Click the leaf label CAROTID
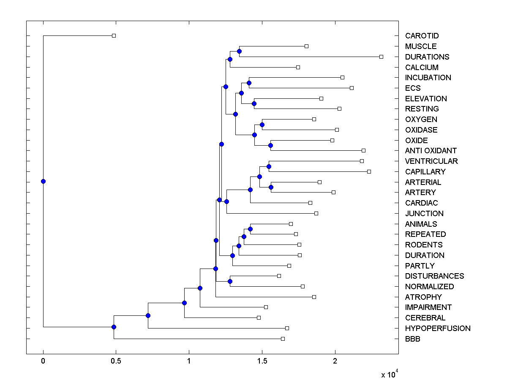coord(422,36)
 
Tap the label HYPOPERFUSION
coord(437,328)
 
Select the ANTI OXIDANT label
coord(431,151)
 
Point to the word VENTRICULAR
coord(431,161)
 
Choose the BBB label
coord(412,339)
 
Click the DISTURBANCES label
coord(434,276)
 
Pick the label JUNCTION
coord(424,214)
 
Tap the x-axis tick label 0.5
coord(116,362)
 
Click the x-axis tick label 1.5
coord(262,362)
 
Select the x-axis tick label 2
coord(335,362)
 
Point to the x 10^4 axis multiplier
coord(390,375)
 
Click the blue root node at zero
coord(43,182)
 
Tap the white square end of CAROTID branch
coord(114,36)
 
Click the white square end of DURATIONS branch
coord(381,57)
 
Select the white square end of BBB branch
coord(283,339)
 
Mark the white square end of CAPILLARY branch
coord(369,171)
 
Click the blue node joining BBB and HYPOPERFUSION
coord(114,327)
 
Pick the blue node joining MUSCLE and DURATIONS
coord(239,51)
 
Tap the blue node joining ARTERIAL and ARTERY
coord(271,187)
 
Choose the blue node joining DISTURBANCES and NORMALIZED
coord(230,281)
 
